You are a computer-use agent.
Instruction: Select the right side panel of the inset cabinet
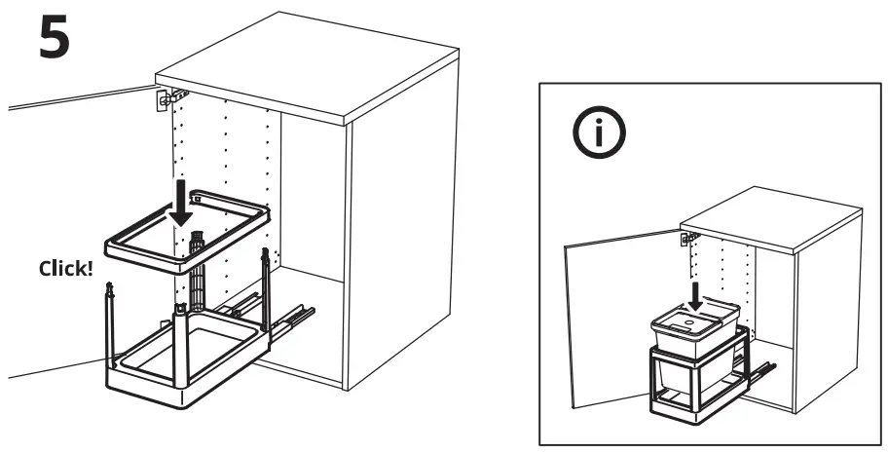[x=832, y=312]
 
